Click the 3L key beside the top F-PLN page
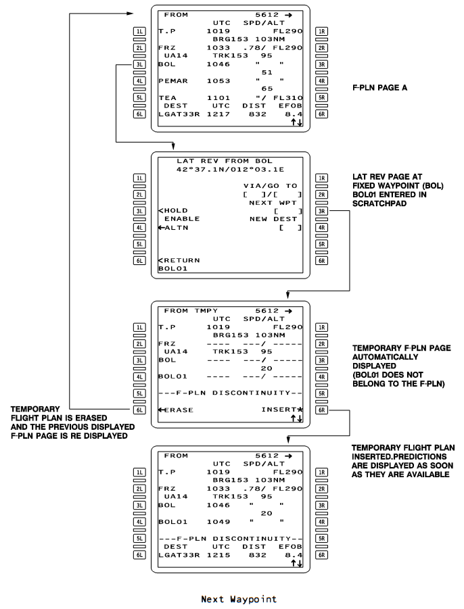[x=139, y=64]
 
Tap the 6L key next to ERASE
[x=139, y=410]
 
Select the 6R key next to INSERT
[x=321, y=410]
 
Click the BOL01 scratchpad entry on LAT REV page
[x=173, y=268]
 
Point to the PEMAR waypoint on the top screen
[x=173, y=81]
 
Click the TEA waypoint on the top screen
[x=167, y=98]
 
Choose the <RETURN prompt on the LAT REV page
[x=179, y=260]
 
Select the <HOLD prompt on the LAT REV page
[x=173, y=210]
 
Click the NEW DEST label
[x=273, y=219]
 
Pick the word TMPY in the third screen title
[x=206, y=311]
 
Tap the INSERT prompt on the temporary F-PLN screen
[x=279, y=410]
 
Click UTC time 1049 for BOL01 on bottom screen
[x=218, y=522]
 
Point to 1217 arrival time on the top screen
[x=218, y=114]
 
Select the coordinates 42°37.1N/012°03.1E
[x=230, y=170]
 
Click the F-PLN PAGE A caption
[x=379, y=88]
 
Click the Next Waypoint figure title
[x=239, y=599]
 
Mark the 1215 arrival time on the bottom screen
[x=218, y=555]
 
